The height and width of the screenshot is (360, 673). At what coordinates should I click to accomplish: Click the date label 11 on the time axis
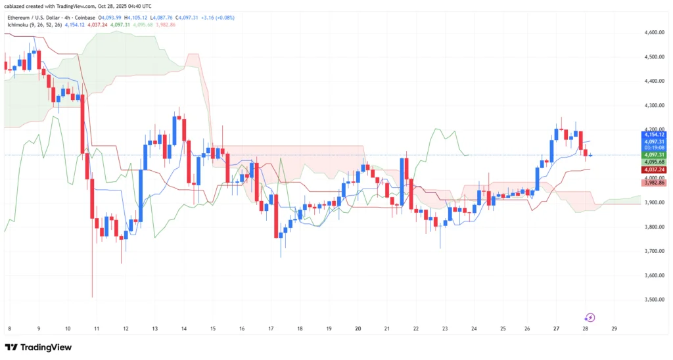(97, 328)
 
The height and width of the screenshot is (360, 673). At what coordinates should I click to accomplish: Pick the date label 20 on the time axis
(358, 328)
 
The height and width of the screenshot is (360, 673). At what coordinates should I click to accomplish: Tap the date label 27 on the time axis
(556, 328)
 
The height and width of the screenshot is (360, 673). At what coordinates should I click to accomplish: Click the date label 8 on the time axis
(10, 328)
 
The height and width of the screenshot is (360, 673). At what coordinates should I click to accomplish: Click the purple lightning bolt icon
(590, 318)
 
